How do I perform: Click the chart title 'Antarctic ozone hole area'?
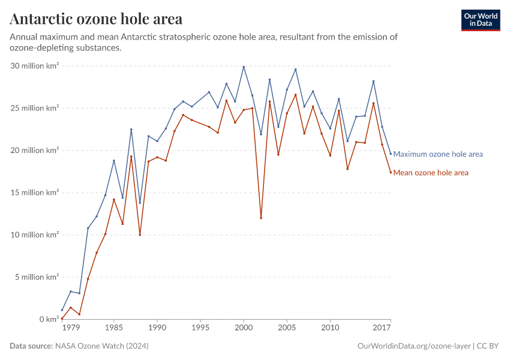coord(96,19)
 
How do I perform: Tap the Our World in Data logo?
coord(480,20)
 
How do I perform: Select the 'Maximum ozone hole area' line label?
coord(437,154)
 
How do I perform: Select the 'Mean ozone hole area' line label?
coord(430,173)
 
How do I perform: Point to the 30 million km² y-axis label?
coord(34,66)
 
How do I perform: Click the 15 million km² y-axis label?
coord(34,193)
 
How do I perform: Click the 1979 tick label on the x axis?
coord(71,328)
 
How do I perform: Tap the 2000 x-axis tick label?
coord(244,328)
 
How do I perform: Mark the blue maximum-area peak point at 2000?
coord(244,67)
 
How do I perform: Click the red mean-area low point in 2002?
coord(261,218)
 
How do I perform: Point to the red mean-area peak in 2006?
coord(295,95)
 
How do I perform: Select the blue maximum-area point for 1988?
coord(140,202)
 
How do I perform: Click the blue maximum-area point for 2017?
coord(391,154)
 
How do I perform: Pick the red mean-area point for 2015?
coord(373,103)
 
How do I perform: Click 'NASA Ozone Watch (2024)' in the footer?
coord(102,346)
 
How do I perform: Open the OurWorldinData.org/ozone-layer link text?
coord(413,346)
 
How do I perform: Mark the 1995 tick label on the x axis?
coord(200,328)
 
